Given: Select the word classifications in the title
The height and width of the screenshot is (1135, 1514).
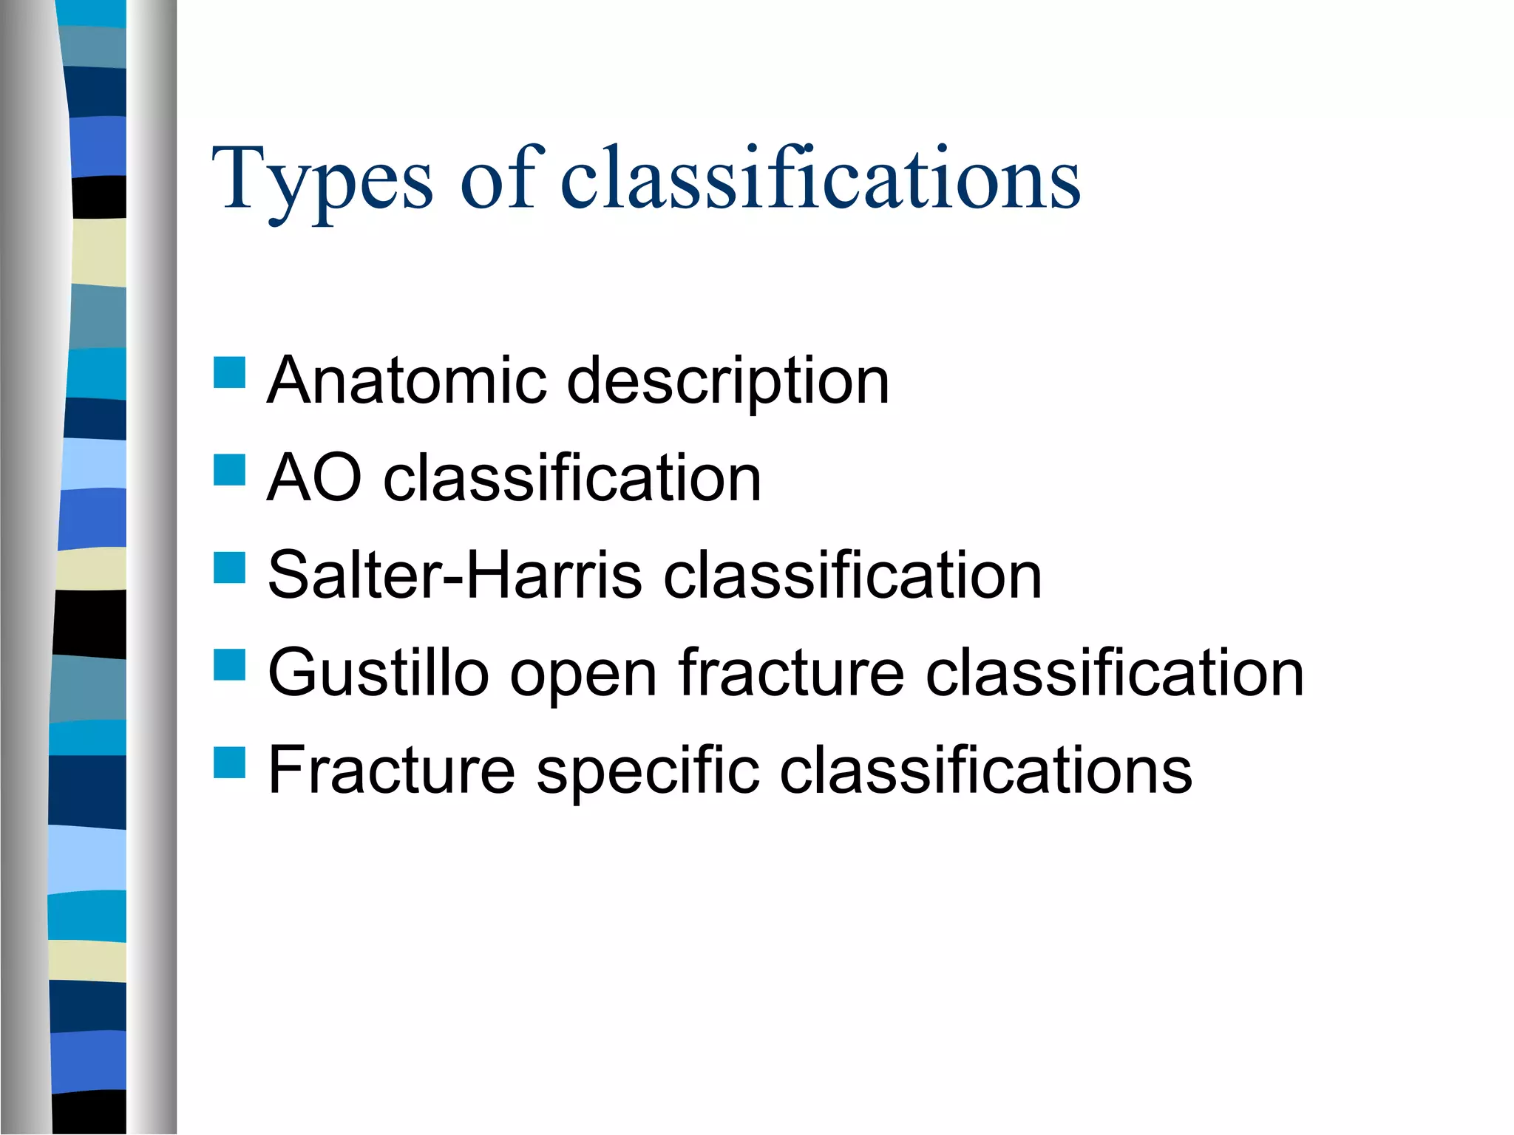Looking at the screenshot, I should [821, 179].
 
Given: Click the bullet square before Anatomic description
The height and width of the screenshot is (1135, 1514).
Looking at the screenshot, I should [229, 373].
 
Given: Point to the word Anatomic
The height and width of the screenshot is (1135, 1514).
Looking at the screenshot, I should [407, 381].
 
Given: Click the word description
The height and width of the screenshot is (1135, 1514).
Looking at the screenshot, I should [728, 383].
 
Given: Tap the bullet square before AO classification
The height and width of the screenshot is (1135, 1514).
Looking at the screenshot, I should [229, 470].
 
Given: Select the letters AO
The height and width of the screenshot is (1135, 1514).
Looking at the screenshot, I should [314, 479].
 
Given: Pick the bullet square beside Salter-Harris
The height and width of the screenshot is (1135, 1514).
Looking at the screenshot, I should [229, 567].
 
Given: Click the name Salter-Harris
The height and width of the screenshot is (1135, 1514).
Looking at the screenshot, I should [455, 576].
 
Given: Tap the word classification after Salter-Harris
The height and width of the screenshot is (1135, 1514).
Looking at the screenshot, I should [852, 576].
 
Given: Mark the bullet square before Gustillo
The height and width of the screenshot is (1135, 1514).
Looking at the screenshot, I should [229, 664].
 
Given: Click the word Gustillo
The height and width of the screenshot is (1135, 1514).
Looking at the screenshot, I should [378, 673].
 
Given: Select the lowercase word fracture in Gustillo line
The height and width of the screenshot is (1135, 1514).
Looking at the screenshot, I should [791, 673].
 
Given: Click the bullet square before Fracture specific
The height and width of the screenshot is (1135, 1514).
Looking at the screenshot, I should [229, 763].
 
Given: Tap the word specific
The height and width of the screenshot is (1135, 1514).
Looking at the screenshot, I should [648, 772].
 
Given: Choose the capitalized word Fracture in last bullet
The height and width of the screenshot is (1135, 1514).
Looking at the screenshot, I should [391, 771].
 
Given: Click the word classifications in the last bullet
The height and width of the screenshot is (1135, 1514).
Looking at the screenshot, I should [986, 771].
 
